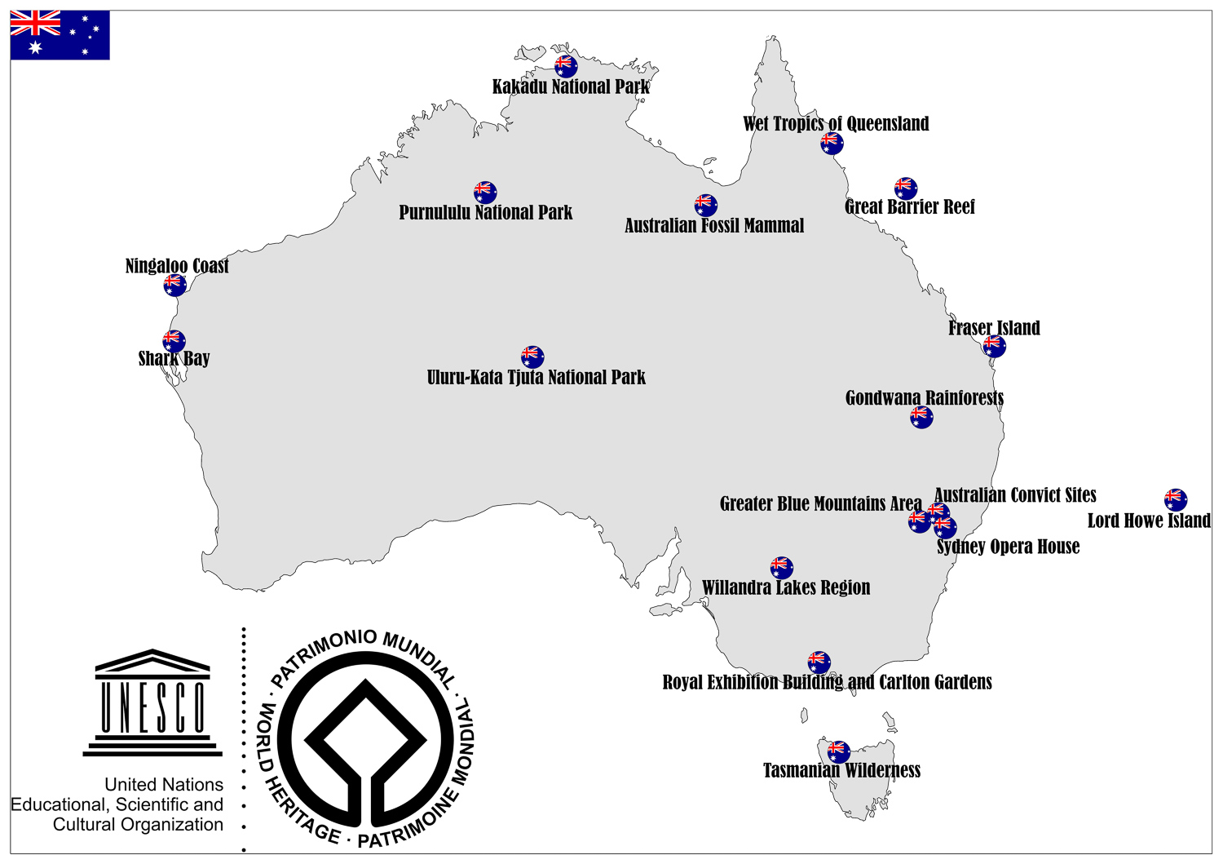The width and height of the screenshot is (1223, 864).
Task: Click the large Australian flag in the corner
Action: pos(60,35)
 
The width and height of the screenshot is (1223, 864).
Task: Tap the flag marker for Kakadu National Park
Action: pos(566,65)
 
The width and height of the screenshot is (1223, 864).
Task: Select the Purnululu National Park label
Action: pos(485,212)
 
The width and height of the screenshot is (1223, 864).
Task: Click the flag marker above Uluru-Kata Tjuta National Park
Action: pos(532,357)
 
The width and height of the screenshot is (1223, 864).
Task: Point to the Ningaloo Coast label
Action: pos(177,266)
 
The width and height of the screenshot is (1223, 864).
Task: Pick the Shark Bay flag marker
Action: pos(174,340)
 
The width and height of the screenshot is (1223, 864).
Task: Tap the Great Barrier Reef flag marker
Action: pos(906,188)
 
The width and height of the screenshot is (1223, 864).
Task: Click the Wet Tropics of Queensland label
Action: pos(836,124)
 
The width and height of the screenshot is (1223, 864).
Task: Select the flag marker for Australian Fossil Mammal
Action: pos(705,205)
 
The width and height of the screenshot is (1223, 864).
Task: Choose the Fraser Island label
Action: pos(994,328)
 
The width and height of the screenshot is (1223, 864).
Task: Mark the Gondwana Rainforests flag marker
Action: pos(921,418)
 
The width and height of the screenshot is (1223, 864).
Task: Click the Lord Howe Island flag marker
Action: pos(1175,499)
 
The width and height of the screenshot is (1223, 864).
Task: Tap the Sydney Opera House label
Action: pos(1008,547)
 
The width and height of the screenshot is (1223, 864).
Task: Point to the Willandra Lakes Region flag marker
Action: pos(781,567)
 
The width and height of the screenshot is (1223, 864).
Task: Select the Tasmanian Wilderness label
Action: pos(841,770)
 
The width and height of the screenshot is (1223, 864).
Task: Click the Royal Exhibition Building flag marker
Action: pos(819,662)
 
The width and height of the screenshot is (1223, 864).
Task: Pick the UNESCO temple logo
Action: pos(152,702)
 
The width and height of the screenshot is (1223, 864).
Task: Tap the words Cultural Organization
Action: pos(138,825)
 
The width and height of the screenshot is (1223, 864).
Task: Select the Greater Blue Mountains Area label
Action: pos(820,503)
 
